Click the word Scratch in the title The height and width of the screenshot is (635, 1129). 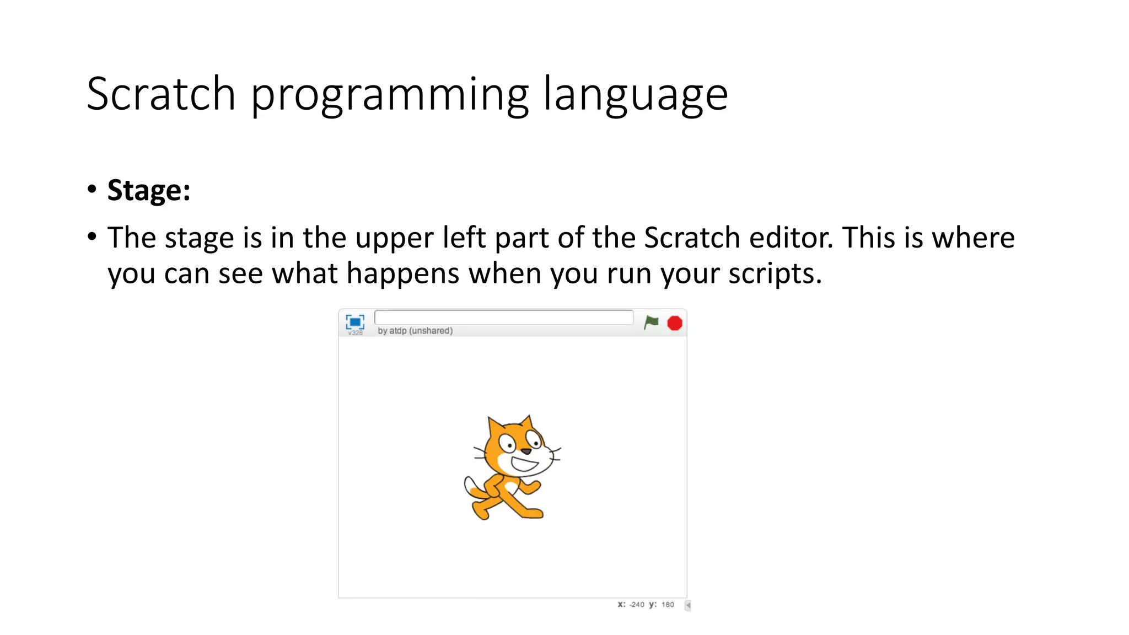pyautogui.click(x=161, y=94)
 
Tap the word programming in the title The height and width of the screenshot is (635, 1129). pyautogui.click(x=390, y=95)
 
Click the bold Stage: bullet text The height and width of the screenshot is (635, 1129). pyautogui.click(x=149, y=191)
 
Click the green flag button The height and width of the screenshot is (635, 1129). pyautogui.click(x=651, y=322)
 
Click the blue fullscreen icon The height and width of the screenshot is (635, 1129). pyautogui.click(x=354, y=321)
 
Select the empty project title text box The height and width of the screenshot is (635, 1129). pyautogui.click(x=503, y=317)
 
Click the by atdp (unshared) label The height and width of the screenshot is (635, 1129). pyautogui.click(x=415, y=331)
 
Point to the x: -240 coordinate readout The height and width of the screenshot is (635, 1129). pyautogui.click(x=631, y=605)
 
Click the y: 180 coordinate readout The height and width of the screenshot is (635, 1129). pyautogui.click(x=662, y=605)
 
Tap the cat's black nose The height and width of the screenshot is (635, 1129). pyautogui.click(x=526, y=451)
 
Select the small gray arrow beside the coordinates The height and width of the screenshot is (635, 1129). pyautogui.click(x=687, y=605)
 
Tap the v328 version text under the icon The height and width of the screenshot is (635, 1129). pyautogui.click(x=356, y=333)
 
